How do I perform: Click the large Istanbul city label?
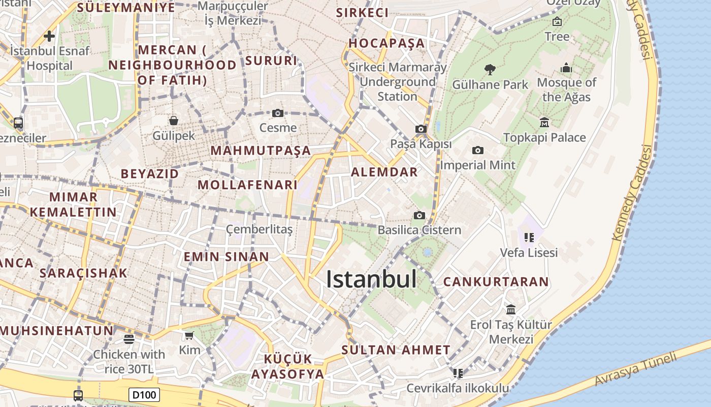point(371,279)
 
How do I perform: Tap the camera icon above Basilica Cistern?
point(419,216)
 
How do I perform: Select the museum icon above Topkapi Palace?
point(544,123)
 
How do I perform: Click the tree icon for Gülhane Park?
point(490,70)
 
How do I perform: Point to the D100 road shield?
point(144,395)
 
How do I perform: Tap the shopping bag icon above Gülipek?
point(174,121)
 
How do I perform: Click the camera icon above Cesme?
point(278,113)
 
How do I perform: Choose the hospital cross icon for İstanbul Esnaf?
point(49,36)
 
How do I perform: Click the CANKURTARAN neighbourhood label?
point(496,282)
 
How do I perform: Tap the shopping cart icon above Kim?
point(189,335)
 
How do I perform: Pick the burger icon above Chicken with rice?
point(129,339)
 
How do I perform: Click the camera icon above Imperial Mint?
point(477,150)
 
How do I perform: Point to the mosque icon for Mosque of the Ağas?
point(566,68)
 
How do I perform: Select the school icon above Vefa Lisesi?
point(529,237)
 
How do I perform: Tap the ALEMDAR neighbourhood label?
point(384,172)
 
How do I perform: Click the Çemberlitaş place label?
point(260,229)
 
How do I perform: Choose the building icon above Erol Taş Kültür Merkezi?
point(511,309)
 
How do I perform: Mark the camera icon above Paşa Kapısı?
point(421,129)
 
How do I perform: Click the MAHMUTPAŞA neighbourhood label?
point(261,151)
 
